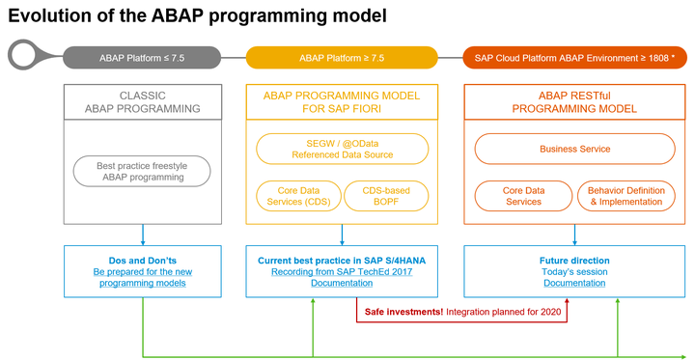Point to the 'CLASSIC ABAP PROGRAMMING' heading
(x=143, y=102)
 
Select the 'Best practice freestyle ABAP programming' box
(x=142, y=172)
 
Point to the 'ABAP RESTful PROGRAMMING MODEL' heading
(x=574, y=102)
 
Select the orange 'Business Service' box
(x=574, y=149)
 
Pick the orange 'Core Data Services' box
(x=524, y=196)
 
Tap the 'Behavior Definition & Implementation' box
(x=625, y=196)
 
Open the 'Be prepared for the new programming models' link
(x=143, y=278)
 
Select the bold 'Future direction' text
(x=574, y=260)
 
